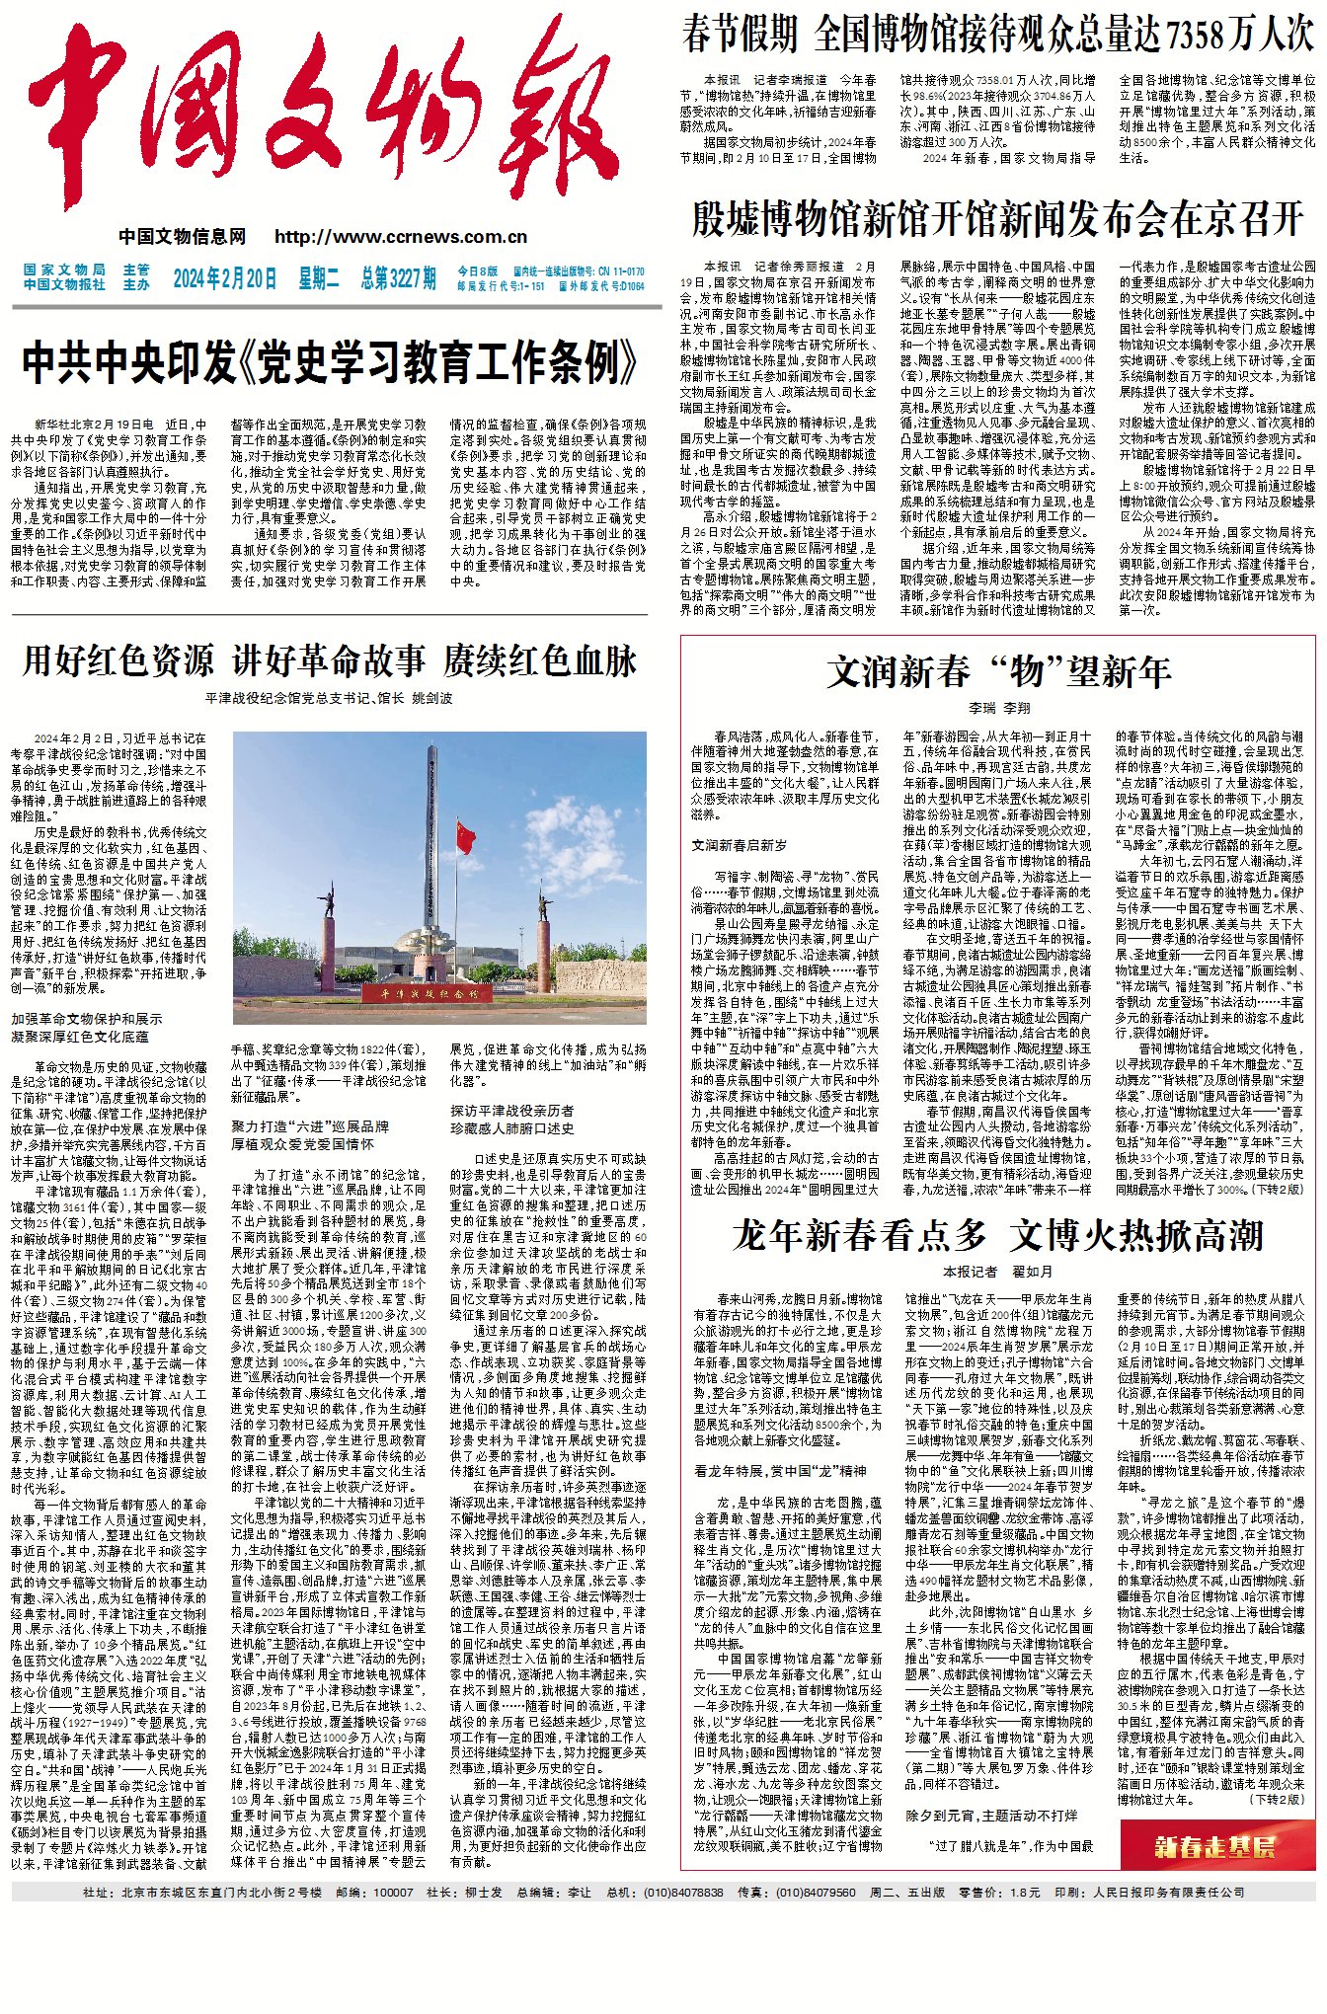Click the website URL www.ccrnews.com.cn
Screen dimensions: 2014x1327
(401, 237)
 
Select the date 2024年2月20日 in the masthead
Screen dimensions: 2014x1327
(225, 278)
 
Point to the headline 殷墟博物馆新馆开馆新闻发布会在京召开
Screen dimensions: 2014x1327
(998, 219)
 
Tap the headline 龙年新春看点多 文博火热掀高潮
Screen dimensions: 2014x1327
(998, 1235)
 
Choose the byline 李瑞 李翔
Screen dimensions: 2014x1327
(998, 708)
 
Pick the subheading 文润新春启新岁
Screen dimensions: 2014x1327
(740, 845)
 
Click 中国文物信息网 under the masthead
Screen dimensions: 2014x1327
(183, 237)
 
